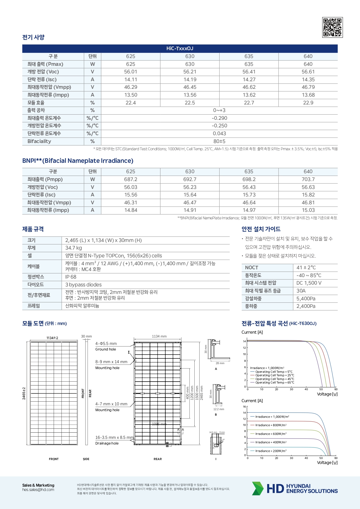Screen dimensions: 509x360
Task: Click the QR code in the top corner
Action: pyautogui.click(x=332, y=27)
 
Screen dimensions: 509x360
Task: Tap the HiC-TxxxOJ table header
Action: pyautogui.click(x=180, y=48)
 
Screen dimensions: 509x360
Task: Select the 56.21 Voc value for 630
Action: pyautogui.click(x=190, y=72)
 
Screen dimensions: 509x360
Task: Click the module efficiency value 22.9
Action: pyautogui.click(x=308, y=103)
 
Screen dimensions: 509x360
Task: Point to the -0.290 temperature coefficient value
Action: pyautogui.click(x=219, y=118)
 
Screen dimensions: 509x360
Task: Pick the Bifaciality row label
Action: pyautogui.click(x=39, y=141)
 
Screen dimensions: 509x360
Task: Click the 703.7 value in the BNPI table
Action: pyautogui.click(x=308, y=179)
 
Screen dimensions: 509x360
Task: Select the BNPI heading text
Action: pyautogui.click(x=78, y=161)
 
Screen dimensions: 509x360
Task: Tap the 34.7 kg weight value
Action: pyautogui.click(x=74, y=248)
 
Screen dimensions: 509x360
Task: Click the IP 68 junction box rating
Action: pyautogui.click(x=71, y=277)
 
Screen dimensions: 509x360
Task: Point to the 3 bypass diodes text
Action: pyautogui.click(x=84, y=285)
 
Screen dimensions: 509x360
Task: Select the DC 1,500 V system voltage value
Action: pyautogui.click(x=309, y=283)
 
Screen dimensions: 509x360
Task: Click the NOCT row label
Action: pyautogui.click(x=252, y=268)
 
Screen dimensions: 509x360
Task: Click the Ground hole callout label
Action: pyautogui.click(x=106, y=349)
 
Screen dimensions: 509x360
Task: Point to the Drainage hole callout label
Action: pyautogui.click(x=107, y=443)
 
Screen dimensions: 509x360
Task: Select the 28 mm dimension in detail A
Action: pyautogui.click(x=220, y=363)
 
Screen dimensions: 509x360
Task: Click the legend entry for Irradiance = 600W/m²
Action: pyautogui.click(x=271, y=434)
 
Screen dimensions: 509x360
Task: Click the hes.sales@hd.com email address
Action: pyautogui.click(x=38, y=490)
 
